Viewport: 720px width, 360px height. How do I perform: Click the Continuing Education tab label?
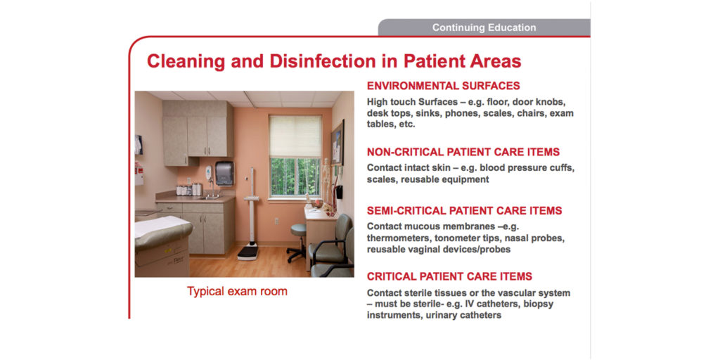(x=484, y=28)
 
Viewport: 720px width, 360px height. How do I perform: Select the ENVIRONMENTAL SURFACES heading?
(x=443, y=86)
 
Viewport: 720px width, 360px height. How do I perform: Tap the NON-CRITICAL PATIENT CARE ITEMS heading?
(x=463, y=152)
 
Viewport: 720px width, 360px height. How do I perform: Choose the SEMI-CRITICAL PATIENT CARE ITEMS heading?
(x=464, y=211)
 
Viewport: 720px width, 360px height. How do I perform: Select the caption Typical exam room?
(x=237, y=291)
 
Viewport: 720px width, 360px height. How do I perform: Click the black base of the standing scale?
(x=247, y=252)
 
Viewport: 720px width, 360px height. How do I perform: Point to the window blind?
(x=295, y=136)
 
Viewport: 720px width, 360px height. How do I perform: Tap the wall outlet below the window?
(x=276, y=221)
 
